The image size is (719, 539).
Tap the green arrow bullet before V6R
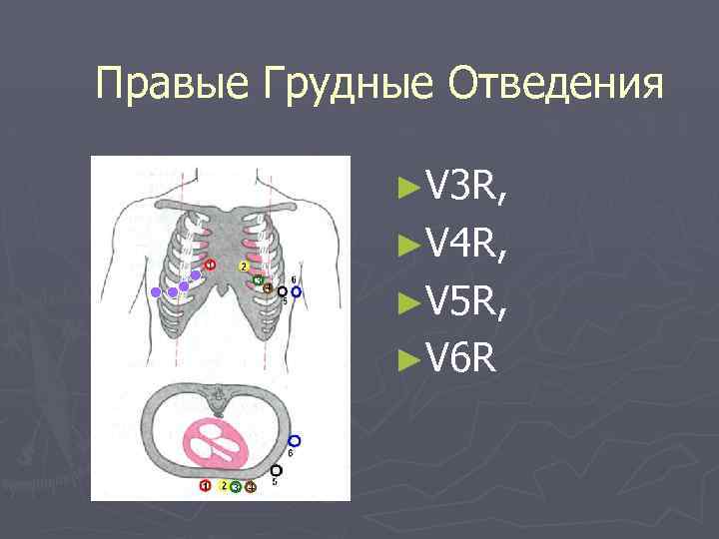pyautogui.click(x=404, y=353)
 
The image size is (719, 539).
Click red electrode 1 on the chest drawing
pyautogui.click(x=210, y=265)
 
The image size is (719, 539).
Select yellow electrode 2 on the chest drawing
pyautogui.click(x=243, y=267)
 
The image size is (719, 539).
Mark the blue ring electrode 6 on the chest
pyautogui.click(x=297, y=292)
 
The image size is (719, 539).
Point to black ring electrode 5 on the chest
pyautogui.click(x=283, y=290)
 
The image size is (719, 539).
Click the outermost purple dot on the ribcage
pyautogui.click(x=155, y=290)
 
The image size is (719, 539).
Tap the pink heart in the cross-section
pyautogui.click(x=221, y=443)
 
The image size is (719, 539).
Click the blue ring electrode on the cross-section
pyautogui.click(x=294, y=440)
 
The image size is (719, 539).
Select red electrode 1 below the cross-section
pyautogui.click(x=205, y=486)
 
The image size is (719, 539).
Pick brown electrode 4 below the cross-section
pyautogui.click(x=251, y=486)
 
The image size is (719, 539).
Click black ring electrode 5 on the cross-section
pyautogui.click(x=277, y=470)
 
